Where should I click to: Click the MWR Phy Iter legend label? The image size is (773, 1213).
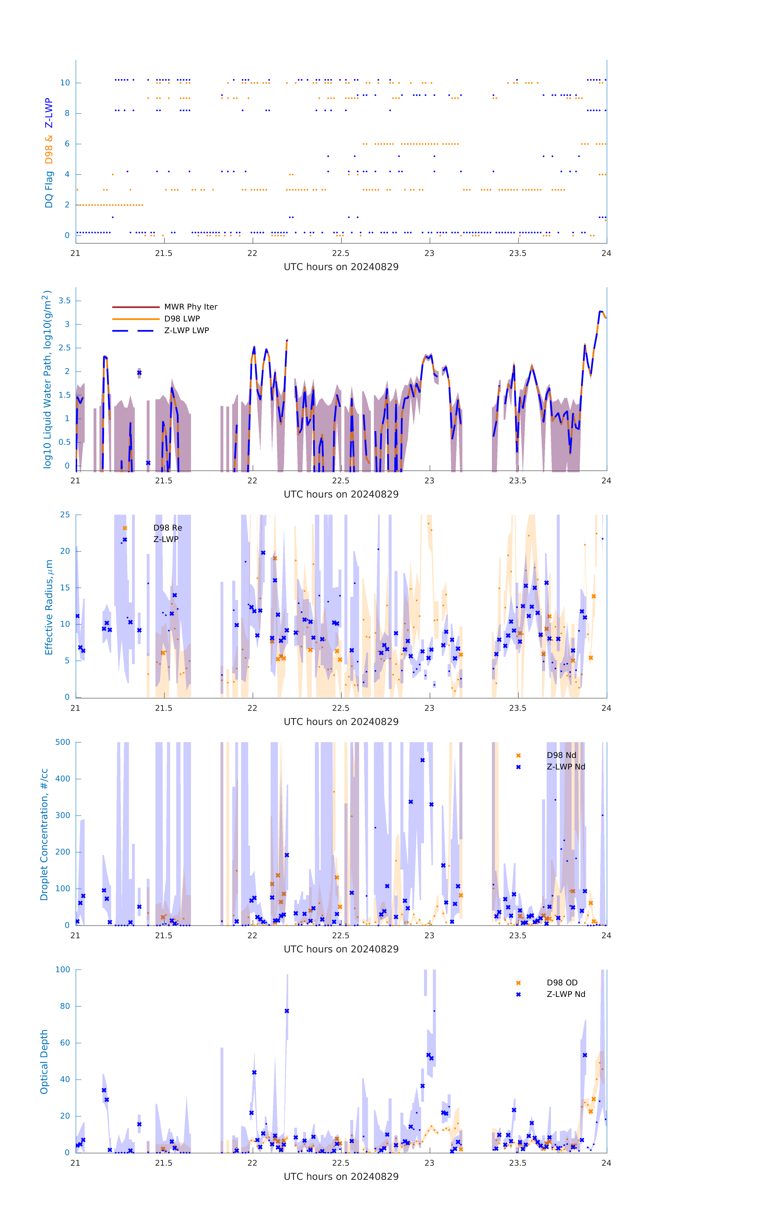(x=190, y=307)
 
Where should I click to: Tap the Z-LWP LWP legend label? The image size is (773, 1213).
(x=186, y=331)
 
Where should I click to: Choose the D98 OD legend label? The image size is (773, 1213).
(x=562, y=982)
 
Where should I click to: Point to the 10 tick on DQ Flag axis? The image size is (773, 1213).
(x=65, y=83)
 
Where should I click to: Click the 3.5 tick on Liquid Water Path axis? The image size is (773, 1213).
(x=64, y=301)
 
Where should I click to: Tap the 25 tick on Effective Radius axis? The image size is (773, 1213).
(x=65, y=515)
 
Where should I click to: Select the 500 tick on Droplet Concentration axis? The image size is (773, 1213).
(x=63, y=742)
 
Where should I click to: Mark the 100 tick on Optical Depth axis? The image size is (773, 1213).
(x=63, y=969)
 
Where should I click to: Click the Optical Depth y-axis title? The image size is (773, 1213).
(x=44, y=1061)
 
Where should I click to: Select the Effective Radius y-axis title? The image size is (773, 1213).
(x=49, y=607)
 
